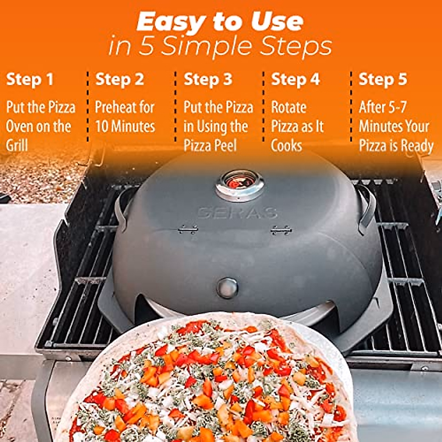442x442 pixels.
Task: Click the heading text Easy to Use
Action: (x=220, y=22)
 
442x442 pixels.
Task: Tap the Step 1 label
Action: (x=30, y=80)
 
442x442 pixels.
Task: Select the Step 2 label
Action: (x=120, y=80)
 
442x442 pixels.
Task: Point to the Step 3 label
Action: (x=208, y=80)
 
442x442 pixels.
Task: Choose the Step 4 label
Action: (x=295, y=80)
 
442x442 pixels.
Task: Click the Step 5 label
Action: (x=383, y=80)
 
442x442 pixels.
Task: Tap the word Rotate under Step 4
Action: (x=289, y=108)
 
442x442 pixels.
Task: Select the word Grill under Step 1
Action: (x=17, y=145)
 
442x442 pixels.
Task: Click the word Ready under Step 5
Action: (x=417, y=146)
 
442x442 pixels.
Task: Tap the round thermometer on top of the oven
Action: (x=240, y=182)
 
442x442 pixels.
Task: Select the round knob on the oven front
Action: (x=227, y=287)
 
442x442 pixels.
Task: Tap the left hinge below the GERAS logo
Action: (x=188, y=230)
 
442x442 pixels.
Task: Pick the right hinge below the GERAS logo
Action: (x=281, y=231)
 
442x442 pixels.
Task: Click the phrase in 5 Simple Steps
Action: (x=220, y=47)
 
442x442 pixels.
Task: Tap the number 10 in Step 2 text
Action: (x=102, y=127)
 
